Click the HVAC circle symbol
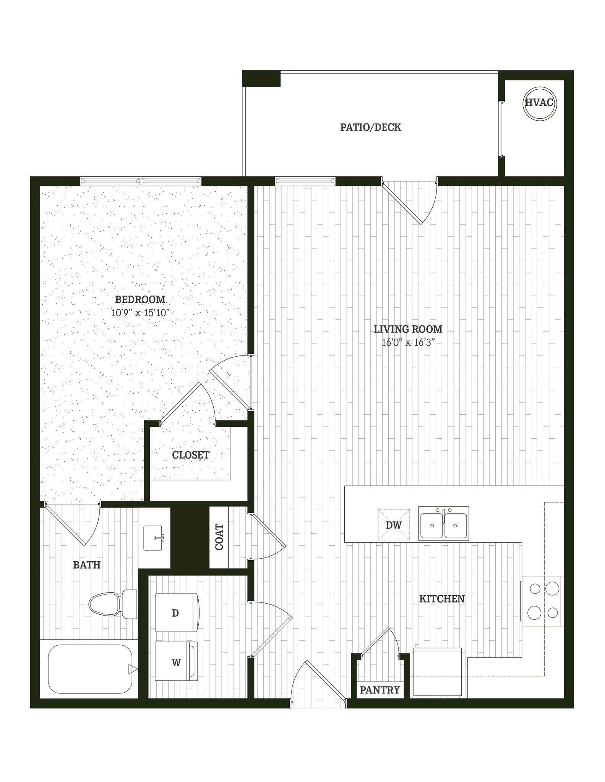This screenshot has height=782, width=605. tap(539, 103)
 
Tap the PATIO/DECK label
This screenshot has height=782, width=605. tap(370, 128)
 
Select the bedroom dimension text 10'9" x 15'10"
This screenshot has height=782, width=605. tap(140, 313)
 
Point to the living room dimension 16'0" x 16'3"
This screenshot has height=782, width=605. tap(408, 343)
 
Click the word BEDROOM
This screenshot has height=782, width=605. tap(140, 300)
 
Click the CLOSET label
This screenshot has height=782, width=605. tap(190, 455)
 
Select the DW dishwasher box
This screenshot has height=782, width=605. tap(394, 525)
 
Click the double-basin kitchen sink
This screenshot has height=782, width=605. tap(443, 523)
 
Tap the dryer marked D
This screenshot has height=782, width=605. tap(177, 612)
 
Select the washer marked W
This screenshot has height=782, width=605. tap(176, 662)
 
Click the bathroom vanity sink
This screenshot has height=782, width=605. tap(154, 538)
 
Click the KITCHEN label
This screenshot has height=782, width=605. tap(442, 599)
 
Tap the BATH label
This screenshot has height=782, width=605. tap(87, 565)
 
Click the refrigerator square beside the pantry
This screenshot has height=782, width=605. tap(437, 671)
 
